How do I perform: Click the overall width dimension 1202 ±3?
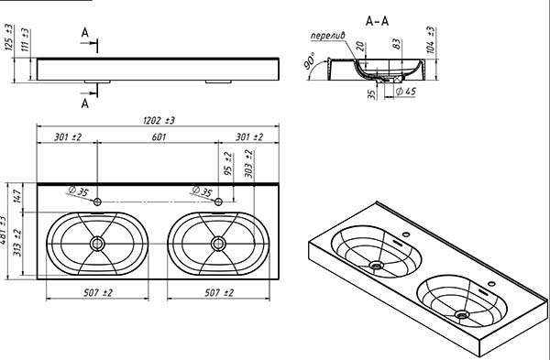tap(159, 120)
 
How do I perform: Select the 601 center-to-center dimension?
tap(159, 136)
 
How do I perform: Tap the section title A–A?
tap(377, 21)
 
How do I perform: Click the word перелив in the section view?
tap(328, 36)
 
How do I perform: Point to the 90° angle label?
tap(310, 60)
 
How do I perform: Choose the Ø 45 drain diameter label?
tap(406, 91)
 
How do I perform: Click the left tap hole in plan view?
tap(97, 202)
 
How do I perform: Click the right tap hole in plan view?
tap(218, 202)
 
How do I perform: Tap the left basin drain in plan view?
tap(97, 244)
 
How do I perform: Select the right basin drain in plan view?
tap(218, 244)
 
